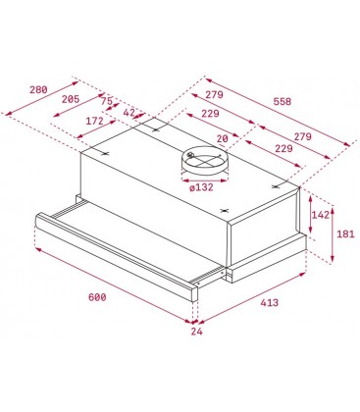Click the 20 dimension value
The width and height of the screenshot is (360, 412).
(223, 138)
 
